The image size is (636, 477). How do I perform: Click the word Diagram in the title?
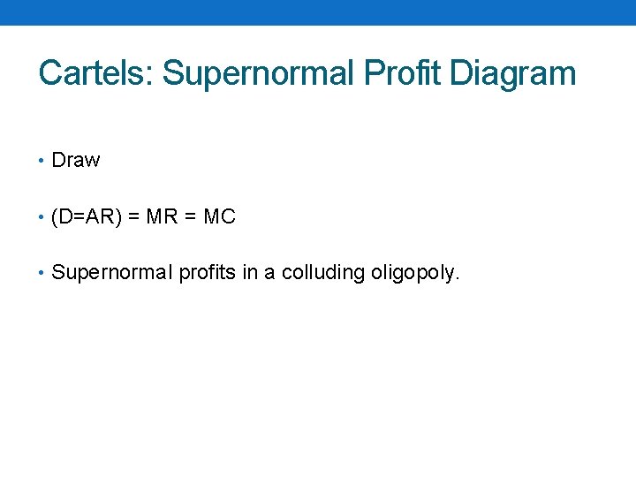pos(512,73)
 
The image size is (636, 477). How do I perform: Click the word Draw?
pos(76,161)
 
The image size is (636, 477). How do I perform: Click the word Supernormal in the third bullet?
pos(112,273)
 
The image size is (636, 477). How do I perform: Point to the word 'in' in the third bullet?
pos(250,273)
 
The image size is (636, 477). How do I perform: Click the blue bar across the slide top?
pos(318,12)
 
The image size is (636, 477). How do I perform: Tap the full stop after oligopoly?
pos(458,279)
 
